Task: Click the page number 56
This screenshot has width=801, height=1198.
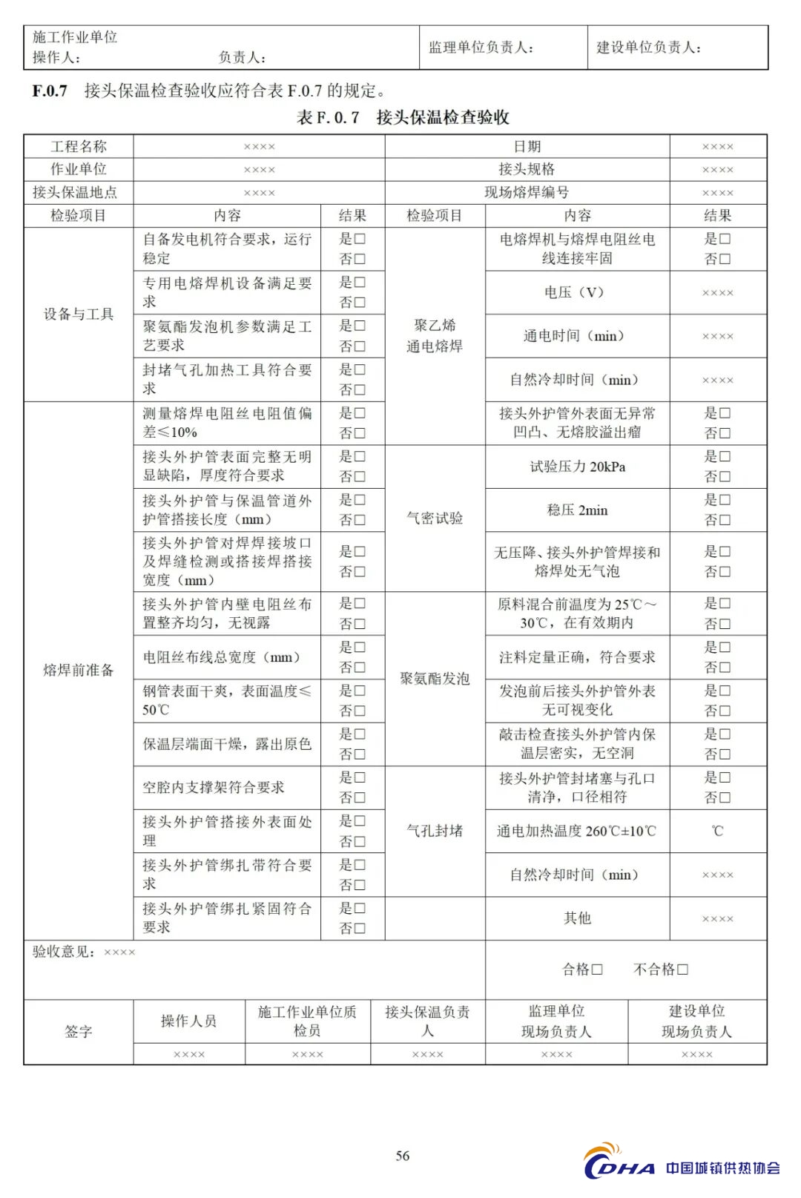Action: (x=403, y=1156)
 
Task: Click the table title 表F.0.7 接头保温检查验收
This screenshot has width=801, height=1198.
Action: (x=403, y=117)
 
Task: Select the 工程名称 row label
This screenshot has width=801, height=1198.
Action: (x=79, y=146)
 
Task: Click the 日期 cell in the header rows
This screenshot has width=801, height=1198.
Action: (x=527, y=146)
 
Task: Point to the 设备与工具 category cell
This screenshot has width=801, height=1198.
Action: (x=79, y=314)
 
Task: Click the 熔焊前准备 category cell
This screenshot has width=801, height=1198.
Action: (x=79, y=670)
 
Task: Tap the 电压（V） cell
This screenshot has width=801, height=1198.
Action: (x=576, y=292)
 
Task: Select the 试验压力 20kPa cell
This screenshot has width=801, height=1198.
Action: (x=577, y=467)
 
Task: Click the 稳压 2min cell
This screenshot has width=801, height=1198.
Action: (x=577, y=510)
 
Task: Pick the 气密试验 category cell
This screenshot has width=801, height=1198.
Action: (x=435, y=518)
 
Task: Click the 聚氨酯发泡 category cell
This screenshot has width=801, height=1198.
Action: (x=435, y=678)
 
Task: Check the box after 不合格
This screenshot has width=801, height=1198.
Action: (x=683, y=969)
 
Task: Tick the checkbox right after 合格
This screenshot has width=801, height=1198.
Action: (x=597, y=969)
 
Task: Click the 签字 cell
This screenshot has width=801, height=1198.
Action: (x=79, y=1031)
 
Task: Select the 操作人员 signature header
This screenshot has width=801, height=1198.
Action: (x=188, y=1021)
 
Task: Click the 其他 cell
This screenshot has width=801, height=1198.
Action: (x=577, y=918)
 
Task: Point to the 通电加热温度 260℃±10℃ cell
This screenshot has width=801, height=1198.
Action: (x=577, y=831)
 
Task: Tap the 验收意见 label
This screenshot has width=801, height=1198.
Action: (x=64, y=952)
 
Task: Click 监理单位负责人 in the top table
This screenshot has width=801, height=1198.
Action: (x=481, y=47)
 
